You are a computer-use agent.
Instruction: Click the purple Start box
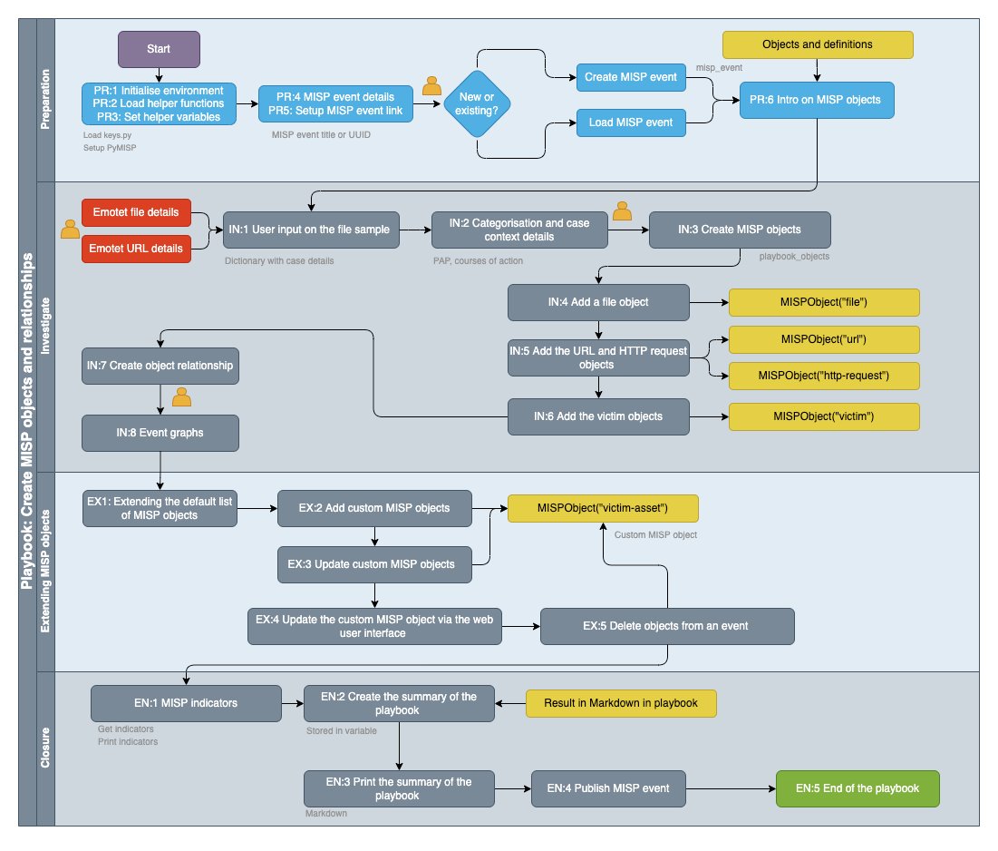[x=159, y=49]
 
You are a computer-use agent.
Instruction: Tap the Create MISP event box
[x=631, y=77]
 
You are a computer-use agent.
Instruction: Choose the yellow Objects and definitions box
[x=817, y=44]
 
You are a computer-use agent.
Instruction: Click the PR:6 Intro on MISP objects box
[x=817, y=100]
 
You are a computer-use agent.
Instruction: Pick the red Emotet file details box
[x=137, y=213]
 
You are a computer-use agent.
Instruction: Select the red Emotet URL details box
[x=137, y=248]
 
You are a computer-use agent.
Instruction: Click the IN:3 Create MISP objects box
[x=739, y=230]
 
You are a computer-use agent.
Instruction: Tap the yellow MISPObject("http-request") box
[x=824, y=375]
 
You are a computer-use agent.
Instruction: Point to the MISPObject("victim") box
[x=824, y=416]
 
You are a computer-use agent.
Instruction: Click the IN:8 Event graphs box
[x=160, y=433]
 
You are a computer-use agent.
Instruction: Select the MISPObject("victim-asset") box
[x=603, y=508]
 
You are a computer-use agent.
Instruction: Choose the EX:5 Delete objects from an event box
[x=668, y=627]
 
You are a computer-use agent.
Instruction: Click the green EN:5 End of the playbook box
[x=858, y=788]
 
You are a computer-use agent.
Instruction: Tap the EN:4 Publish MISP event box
[x=608, y=788]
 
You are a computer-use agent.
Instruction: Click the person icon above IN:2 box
[x=622, y=211]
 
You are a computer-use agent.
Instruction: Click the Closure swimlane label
[x=45, y=748]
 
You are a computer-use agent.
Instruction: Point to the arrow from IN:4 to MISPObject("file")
[x=709, y=302]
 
